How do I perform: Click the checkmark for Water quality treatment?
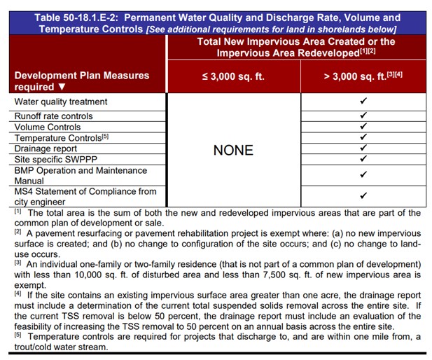click(363, 102)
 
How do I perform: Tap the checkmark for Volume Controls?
click(363, 127)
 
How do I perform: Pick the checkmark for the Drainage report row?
click(363, 148)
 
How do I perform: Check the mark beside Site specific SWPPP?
click(363, 158)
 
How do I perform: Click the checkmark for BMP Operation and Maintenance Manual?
click(363, 174)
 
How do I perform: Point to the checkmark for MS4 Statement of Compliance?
click(363, 196)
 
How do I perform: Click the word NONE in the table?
click(233, 151)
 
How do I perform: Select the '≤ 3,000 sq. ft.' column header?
click(233, 76)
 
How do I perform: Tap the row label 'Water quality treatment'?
click(61, 102)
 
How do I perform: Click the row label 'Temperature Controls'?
click(56, 138)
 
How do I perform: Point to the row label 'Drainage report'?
click(46, 148)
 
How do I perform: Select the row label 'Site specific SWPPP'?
click(57, 159)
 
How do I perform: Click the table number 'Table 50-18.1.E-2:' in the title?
click(75, 18)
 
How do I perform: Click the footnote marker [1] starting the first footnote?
click(18, 212)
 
